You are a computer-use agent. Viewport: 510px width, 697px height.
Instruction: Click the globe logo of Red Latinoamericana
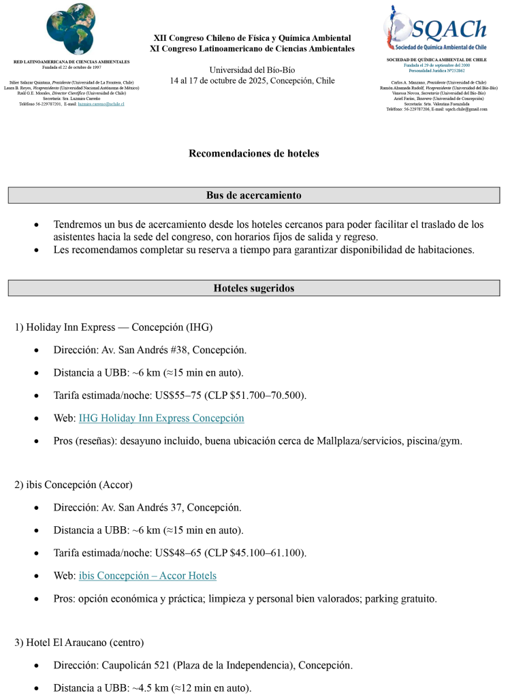click(x=71, y=29)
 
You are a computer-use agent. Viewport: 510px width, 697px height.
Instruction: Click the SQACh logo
click(x=436, y=30)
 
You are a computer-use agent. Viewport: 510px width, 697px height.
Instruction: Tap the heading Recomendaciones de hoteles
click(x=254, y=153)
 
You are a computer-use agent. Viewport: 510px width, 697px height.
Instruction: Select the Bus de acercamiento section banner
click(x=254, y=195)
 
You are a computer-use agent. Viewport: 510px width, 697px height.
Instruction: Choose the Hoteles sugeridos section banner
click(x=254, y=288)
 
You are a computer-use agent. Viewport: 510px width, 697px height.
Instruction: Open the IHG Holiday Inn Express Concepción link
click(x=161, y=418)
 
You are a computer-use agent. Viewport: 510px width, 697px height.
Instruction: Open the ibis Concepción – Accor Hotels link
click(x=148, y=576)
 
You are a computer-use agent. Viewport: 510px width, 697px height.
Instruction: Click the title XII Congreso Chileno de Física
click(x=252, y=38)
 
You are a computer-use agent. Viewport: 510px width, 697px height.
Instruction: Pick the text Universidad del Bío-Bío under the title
click(x=252, y=70)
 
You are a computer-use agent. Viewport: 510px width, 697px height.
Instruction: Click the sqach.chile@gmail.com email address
click(x=466, y=109)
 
